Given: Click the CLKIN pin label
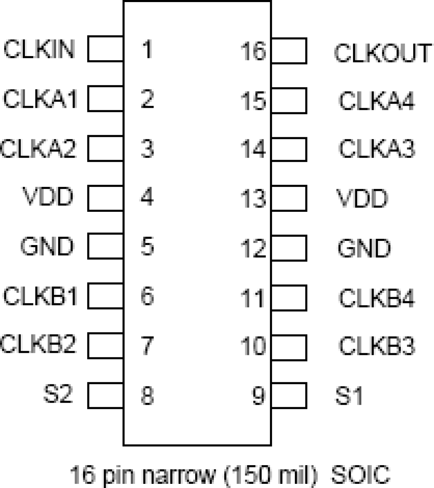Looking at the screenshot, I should [39, 49].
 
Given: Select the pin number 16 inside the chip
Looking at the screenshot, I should [253, 51].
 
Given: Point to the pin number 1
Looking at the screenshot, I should [147, 49].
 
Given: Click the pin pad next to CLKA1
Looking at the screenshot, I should [105, 98].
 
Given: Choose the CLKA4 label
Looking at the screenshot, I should [376, 101].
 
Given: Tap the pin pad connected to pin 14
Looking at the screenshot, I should [289, 149].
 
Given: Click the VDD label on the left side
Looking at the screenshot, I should [48, 197].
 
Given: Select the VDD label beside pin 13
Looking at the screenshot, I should [362, 199].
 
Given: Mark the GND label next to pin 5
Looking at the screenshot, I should [47, 246].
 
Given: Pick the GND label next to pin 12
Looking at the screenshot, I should [364, 248].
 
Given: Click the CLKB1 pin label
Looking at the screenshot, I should [40, 296].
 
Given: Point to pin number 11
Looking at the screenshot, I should [253, 298].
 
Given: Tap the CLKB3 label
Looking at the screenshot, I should [376, 346].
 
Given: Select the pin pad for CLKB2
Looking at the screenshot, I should [105, 346].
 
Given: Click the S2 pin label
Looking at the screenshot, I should [58, 394].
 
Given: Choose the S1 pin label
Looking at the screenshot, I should [349, 396].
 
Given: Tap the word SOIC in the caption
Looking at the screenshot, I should [360, 475].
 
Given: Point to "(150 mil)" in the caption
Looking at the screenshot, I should [270, 475].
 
